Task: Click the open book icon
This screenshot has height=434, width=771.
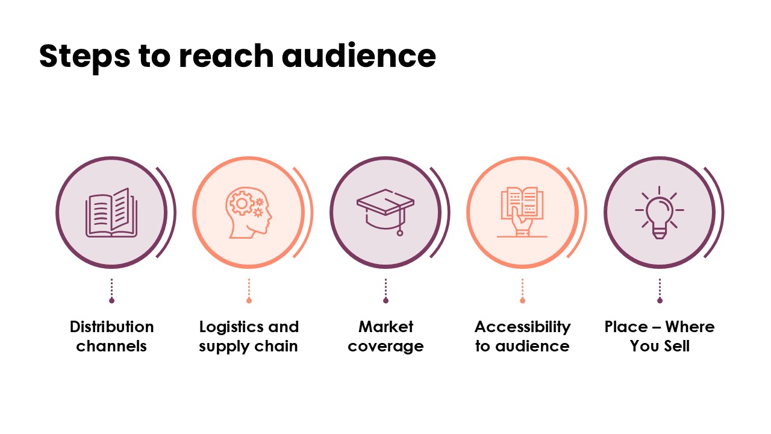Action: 111,212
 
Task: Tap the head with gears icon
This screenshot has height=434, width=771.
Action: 248,212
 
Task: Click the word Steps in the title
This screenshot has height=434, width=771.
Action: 84,56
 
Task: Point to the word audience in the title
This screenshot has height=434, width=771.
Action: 358,56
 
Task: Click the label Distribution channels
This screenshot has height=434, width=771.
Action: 111,336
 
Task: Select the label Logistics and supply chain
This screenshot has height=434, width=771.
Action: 249,336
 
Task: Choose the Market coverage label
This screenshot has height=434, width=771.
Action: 385,336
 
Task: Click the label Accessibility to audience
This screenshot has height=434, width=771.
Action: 522,336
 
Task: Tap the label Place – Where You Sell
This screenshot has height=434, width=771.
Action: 660,336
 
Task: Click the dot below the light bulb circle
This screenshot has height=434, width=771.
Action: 660,300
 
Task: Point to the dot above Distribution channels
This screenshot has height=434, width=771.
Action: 111,300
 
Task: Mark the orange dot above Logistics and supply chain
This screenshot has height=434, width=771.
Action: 249,300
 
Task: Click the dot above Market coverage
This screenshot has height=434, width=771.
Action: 385,300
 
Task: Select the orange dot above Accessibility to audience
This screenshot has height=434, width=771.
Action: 522,300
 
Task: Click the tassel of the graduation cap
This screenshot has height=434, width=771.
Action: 399,231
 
